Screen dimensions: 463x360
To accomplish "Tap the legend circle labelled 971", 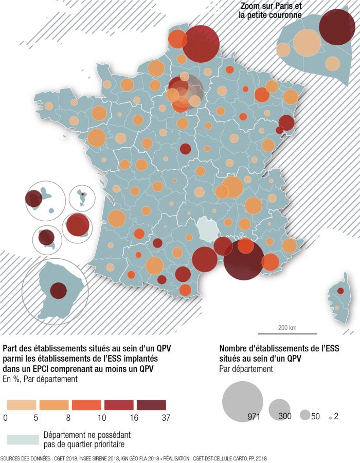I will tap(242, 401).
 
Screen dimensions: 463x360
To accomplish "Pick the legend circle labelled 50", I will tap(305, 415).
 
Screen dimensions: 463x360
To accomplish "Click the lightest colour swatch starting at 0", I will tap(20, 405).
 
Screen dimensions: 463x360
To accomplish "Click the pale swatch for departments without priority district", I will tap(23, 439).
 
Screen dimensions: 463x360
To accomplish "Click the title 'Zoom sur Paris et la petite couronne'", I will tap(271, 11).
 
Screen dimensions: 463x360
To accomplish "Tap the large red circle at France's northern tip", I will tap(201, 44).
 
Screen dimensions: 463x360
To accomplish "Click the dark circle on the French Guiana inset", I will tap(58, 291).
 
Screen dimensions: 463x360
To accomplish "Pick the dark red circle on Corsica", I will tap(340, 291).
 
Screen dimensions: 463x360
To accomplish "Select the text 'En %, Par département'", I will tap(40, 380).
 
